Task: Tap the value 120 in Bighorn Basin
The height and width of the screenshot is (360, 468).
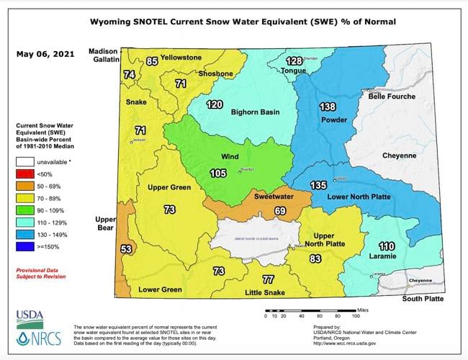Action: pyautogui.click(x=214, y=104)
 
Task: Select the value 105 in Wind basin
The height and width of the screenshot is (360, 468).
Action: pyautogui.click(x=217, y=173)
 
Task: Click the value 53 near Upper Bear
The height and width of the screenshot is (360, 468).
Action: pyautogui.click(x=127, y=248)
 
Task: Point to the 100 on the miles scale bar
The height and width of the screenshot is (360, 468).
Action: pyautogui.click(x=354, y=315)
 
